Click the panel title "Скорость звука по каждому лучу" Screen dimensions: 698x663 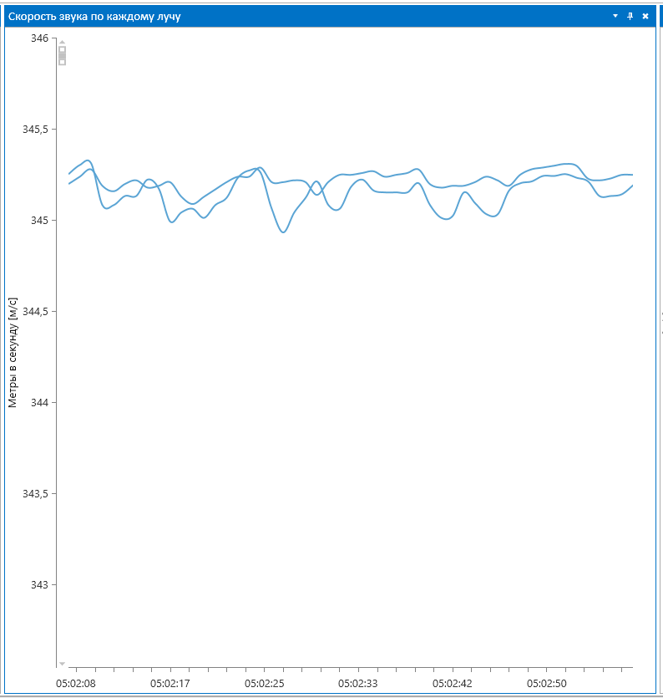(x=94, y=16)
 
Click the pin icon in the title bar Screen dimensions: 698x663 (x=630, y=16)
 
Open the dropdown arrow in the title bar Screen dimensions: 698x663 (x=615, y=16)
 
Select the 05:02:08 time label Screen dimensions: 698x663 (x=76, y=684)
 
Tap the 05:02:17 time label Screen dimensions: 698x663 (x=170, y=684)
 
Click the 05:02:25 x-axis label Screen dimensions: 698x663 (x=264, y=684)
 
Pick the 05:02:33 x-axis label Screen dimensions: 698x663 (x=358, y=684)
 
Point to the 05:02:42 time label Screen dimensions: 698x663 (x=453, y=684)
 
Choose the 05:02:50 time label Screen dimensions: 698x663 (x=546, y=684)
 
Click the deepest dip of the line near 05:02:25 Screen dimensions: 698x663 (x=283, y=232)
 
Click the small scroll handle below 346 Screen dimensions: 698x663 (x=62, y=55)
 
